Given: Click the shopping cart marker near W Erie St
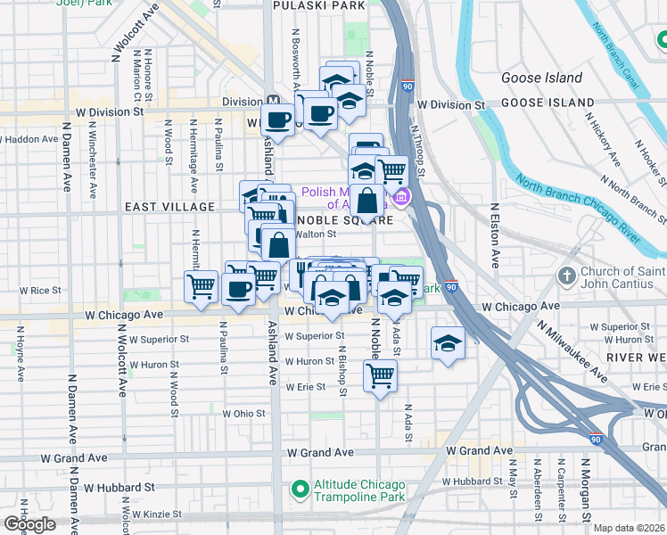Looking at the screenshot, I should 380,377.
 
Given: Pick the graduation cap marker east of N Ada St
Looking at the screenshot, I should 447,343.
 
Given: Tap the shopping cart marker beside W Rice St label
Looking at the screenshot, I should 202,286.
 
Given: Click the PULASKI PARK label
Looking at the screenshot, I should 318,5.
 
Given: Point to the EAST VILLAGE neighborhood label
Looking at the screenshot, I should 169,207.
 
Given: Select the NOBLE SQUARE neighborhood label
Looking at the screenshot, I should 344,219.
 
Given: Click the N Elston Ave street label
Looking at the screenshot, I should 494,236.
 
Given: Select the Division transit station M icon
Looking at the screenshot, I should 273,101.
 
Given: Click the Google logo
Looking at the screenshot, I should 29,524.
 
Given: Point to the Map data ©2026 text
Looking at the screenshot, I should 629,528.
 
